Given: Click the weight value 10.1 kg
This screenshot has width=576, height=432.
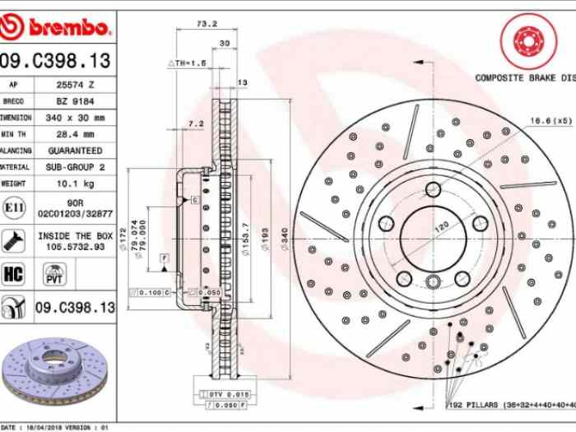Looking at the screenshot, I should [x=73, y=183].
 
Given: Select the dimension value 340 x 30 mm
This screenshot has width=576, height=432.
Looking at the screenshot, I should [x=74, y=118].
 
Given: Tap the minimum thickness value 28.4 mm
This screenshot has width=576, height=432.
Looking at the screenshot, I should [x=73, y=134].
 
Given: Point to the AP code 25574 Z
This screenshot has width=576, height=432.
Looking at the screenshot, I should [x=73, y=85].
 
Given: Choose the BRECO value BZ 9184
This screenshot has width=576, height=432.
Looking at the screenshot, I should [x=73, y=101].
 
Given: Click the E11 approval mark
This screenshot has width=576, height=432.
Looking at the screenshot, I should [x=14, y=207].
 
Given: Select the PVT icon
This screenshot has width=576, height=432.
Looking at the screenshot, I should [x=54, y=274].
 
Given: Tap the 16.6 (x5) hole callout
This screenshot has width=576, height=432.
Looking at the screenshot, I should [x=550, y=121].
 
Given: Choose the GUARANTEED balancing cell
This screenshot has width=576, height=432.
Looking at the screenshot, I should [x=73, y=151].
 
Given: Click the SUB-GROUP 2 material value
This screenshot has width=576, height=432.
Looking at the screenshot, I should [x=73, y=167].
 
